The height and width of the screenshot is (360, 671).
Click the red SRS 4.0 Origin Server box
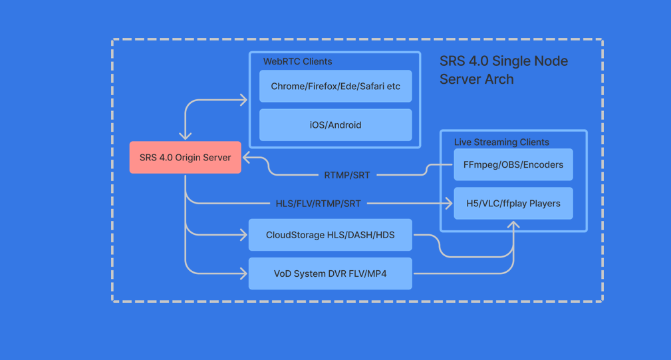185,158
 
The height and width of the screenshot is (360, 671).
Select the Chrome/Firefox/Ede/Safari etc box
335,87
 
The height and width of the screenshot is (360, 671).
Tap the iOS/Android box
335,125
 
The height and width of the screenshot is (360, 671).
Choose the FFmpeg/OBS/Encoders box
513,165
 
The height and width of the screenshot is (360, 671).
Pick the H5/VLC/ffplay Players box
513,204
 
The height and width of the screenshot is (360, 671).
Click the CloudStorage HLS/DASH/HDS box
330,235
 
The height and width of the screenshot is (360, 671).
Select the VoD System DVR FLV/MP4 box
330,273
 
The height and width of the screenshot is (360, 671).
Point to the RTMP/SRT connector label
346,175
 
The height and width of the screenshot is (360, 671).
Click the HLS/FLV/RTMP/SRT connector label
318,204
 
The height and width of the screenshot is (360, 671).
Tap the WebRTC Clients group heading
297,61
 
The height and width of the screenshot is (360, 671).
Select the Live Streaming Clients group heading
501,142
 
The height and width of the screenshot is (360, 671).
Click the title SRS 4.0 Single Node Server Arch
503,70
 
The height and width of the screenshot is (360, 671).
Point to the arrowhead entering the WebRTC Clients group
243,100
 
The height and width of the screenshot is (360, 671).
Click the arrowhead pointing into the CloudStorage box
243,235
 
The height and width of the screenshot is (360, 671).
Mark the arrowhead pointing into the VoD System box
243,273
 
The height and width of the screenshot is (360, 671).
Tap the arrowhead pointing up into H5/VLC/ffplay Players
513,226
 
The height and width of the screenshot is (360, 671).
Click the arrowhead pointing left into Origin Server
247,158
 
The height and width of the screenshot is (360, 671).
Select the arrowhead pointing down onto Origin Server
186,136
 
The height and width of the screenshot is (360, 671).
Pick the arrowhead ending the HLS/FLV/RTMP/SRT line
449,204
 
